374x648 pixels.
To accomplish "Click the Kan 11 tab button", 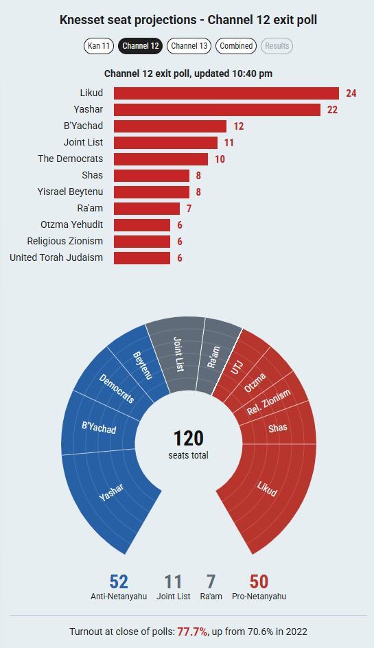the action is [x=98, y=46].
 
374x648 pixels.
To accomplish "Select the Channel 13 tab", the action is [x=189, y=46].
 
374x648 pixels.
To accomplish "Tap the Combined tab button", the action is [x=236, y=46].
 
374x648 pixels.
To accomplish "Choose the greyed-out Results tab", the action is [x=277, y=46].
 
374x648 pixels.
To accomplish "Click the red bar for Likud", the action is [x=226, y=93].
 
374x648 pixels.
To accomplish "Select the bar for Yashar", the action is [x=218, y=110].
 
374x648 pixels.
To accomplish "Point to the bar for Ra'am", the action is [x=147, y=208].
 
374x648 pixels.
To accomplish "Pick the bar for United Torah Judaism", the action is [x=142, y=258].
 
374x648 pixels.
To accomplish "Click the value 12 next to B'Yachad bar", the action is [x=238, y=126].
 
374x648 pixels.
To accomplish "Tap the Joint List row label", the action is [x=83, y=142].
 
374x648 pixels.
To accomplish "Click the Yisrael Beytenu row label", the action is [x=70, y=192].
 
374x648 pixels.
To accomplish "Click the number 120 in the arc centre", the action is [x=189, y=439].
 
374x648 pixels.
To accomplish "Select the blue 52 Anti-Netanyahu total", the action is [x=119, y=582].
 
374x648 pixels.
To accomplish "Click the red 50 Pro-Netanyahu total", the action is [x=259, y=582].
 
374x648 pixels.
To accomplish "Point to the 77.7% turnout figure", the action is [x=193, y=632].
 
